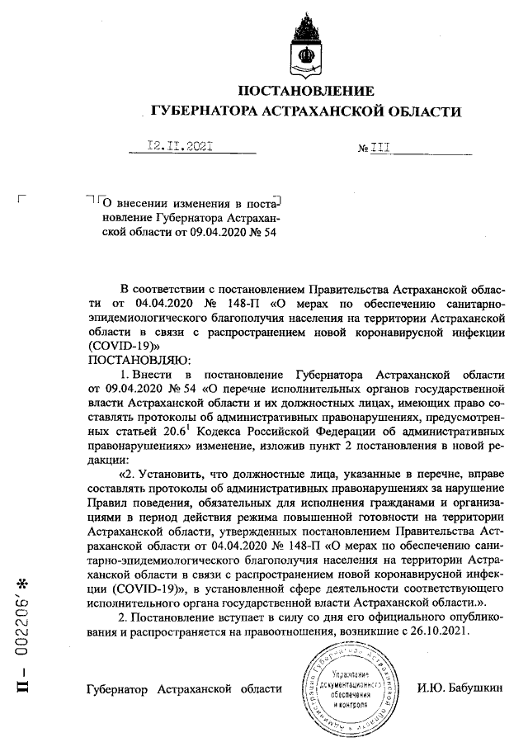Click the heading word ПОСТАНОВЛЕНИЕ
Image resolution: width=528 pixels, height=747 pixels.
click(x=305, y=91)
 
